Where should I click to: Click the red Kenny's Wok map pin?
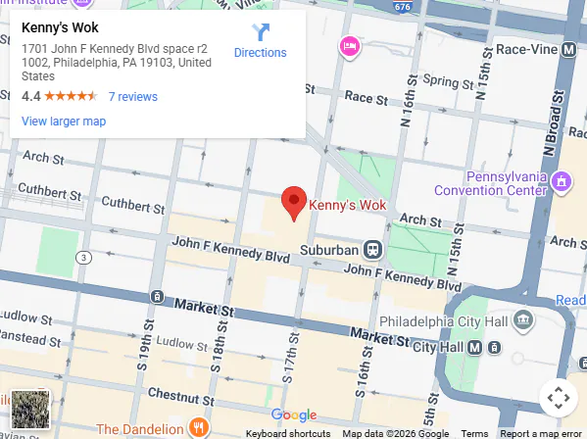pyautogui.click(x=294, y=202)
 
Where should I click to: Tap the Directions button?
pyautogui.click(x=260, y=41)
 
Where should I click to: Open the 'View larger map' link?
pyautogui.click(x=63, y=122)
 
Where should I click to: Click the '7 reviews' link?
pyautogui.click(x=132, y=97)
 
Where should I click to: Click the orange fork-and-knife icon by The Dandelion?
pyautogui.click(x=198, y=427)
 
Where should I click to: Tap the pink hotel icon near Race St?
pyautogui.click(x=349, y=46)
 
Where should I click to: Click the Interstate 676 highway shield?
pyautogui.click(x=403, y=7)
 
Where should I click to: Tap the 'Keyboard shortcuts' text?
pyautogui.click(x=287, y=433)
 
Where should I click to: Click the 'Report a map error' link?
pyautogui.click(x=540, y=433)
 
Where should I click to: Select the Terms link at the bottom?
pyautogui.click(x=474, y=433)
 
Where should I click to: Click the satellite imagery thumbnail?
pyautogui.click(x=29, y=409)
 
